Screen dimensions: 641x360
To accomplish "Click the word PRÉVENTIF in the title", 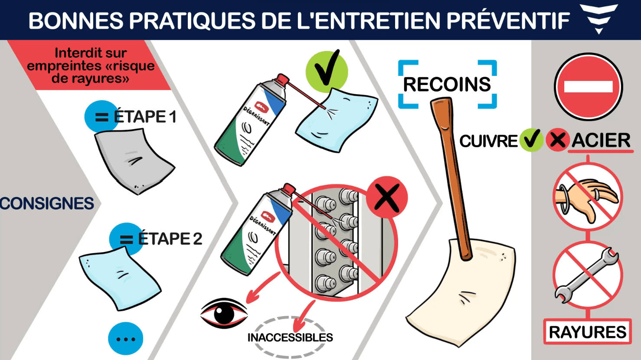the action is [x=508, y=20].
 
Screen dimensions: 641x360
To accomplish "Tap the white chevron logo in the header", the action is [x=598, y=19].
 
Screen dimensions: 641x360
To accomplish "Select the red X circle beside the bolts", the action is [x=387, y=197].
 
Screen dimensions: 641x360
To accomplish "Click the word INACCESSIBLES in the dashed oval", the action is [x=290, y=337].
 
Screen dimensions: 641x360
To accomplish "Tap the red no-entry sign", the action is [x=589, y=87].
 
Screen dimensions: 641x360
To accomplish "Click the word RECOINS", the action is [x=447, y=85].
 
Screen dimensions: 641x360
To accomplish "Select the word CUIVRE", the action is [x=489, y=141].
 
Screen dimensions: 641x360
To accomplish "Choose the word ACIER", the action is [x=601, y=140].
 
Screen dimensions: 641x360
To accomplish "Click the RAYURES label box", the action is [x=588, y=332].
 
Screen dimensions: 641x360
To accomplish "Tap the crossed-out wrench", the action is [x=588, y=275].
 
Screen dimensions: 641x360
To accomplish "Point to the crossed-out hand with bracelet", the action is [x=588, y=197].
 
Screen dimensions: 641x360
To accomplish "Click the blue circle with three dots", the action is [x=126, y=339].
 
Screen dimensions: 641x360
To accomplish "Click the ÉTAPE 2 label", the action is [x=170, y=239].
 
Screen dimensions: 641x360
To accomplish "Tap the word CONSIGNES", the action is [x=47, y=203].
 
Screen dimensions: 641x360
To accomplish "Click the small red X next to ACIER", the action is [x=557, y=140].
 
